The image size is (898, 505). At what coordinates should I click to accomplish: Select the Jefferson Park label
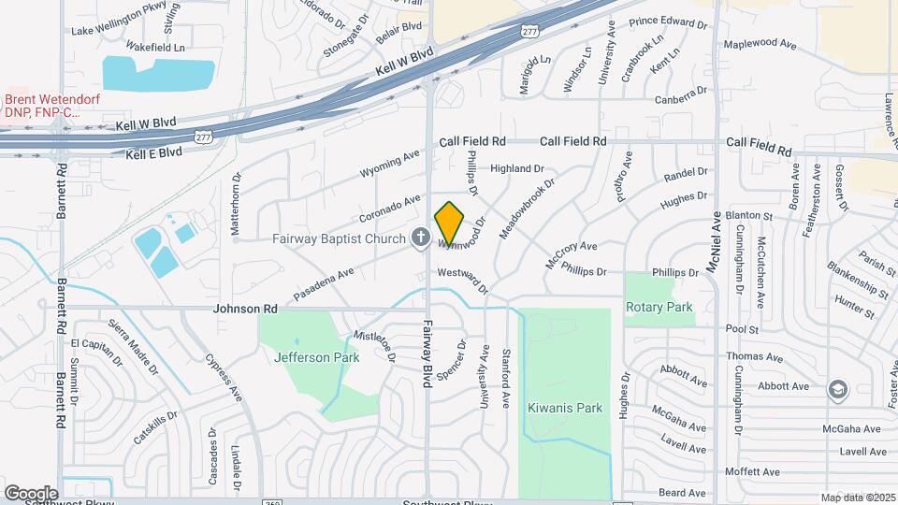303,357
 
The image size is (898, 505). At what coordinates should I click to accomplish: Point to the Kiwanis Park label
564,408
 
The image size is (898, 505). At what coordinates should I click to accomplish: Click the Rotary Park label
660,307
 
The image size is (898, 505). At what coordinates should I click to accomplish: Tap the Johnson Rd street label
246,309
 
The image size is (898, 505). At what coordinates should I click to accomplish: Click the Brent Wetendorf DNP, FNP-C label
52,106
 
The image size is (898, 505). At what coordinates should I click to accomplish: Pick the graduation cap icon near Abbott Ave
837,388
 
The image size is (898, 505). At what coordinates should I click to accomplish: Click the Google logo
31,493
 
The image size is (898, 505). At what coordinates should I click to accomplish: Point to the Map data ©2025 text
858,498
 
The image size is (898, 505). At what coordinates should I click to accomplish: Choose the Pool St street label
740,329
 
